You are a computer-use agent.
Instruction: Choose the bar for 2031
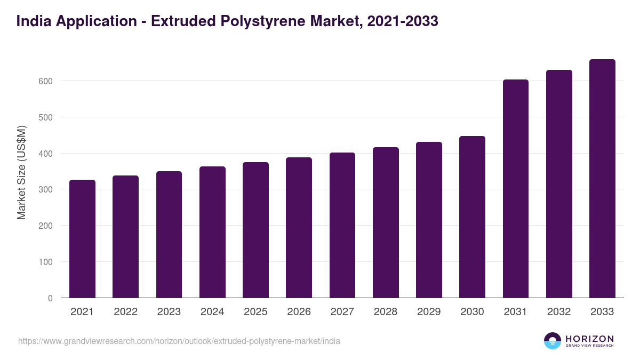(x=516, y=189)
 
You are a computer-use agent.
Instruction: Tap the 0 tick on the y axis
(x=50, y=298)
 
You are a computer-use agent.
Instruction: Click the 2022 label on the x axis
(x=125, y=312)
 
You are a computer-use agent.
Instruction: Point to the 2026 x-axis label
(x=299, y=312)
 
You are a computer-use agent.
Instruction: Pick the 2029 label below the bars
(x=429, y=312)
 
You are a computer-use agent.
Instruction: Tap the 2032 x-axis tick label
(x=559, y=312)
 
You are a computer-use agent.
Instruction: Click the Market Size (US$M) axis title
(x=21, y=172)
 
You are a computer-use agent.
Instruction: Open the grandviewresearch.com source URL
(x=179, y=341)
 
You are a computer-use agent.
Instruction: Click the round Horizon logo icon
(x=553, y=341)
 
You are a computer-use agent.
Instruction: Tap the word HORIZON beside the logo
(x=589, y=338)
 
